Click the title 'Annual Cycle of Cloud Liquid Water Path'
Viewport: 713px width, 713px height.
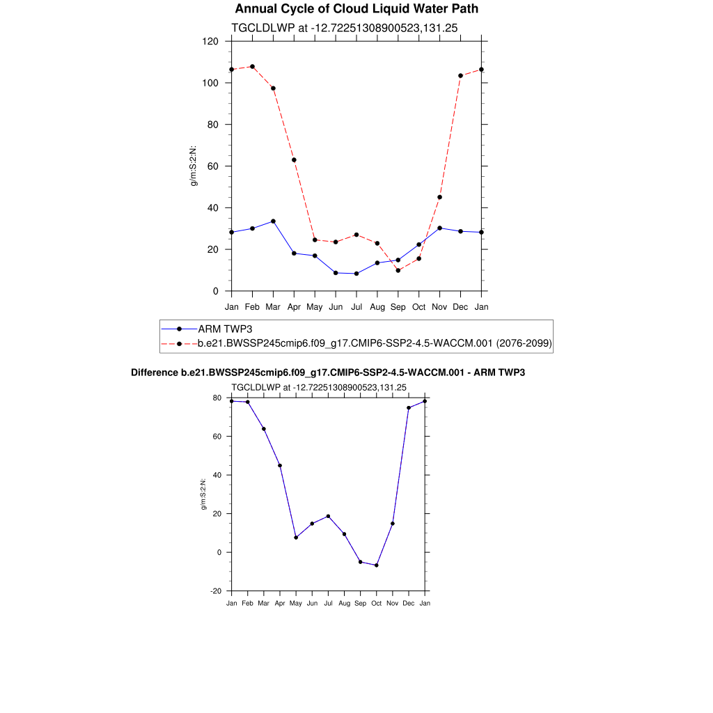click(356, 9)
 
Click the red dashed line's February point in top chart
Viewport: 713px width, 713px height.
click(252, 67)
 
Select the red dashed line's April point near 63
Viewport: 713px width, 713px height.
click(294, 160)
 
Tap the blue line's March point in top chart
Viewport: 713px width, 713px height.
click(273, 221)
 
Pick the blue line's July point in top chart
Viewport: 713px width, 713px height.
click(356, 274)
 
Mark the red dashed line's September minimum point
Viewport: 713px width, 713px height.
click(398, 270)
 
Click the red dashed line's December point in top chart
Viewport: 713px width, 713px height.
click(460, 76)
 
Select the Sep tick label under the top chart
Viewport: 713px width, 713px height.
click(398, 306)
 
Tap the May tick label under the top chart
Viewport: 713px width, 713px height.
click(315, 306)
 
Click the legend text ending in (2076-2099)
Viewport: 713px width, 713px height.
click(375, 343)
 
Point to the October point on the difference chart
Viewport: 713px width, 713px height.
click(377, 565)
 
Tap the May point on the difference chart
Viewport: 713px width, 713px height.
click(296, 538)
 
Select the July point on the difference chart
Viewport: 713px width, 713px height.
click(328, 517)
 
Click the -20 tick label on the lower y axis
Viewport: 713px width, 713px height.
click(216, 591)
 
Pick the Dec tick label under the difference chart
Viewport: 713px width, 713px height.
click(409, 603)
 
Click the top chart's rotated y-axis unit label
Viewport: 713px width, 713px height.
click(195, 166)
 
